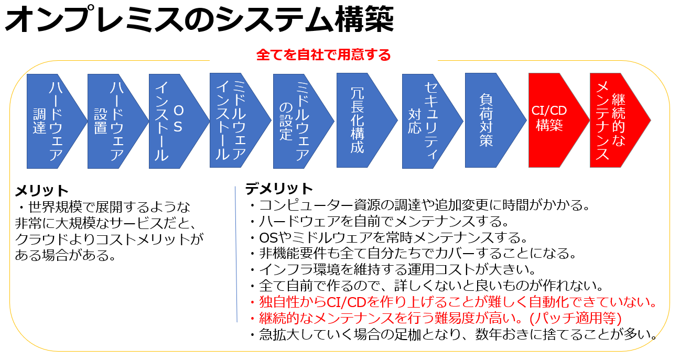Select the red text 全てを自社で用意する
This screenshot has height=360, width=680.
click(x=323, y=54)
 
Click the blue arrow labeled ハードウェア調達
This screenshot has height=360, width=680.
click(x=52, y=121)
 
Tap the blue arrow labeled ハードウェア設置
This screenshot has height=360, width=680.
click(x=114, y=121)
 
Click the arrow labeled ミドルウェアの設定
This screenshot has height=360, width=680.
click(x=299, y=121)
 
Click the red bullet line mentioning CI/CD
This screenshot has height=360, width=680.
click(x=454, y=302)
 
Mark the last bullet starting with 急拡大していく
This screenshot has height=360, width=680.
click(x=454, y=334)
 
